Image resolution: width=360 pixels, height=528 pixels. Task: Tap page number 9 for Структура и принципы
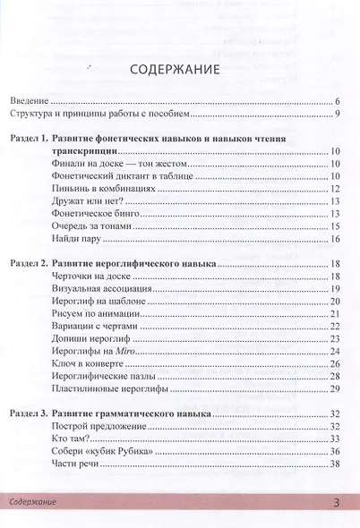pyautogui.click(x=335, y=115)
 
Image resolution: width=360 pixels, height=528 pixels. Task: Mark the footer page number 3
pyautogui.click(x=336, y=504)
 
